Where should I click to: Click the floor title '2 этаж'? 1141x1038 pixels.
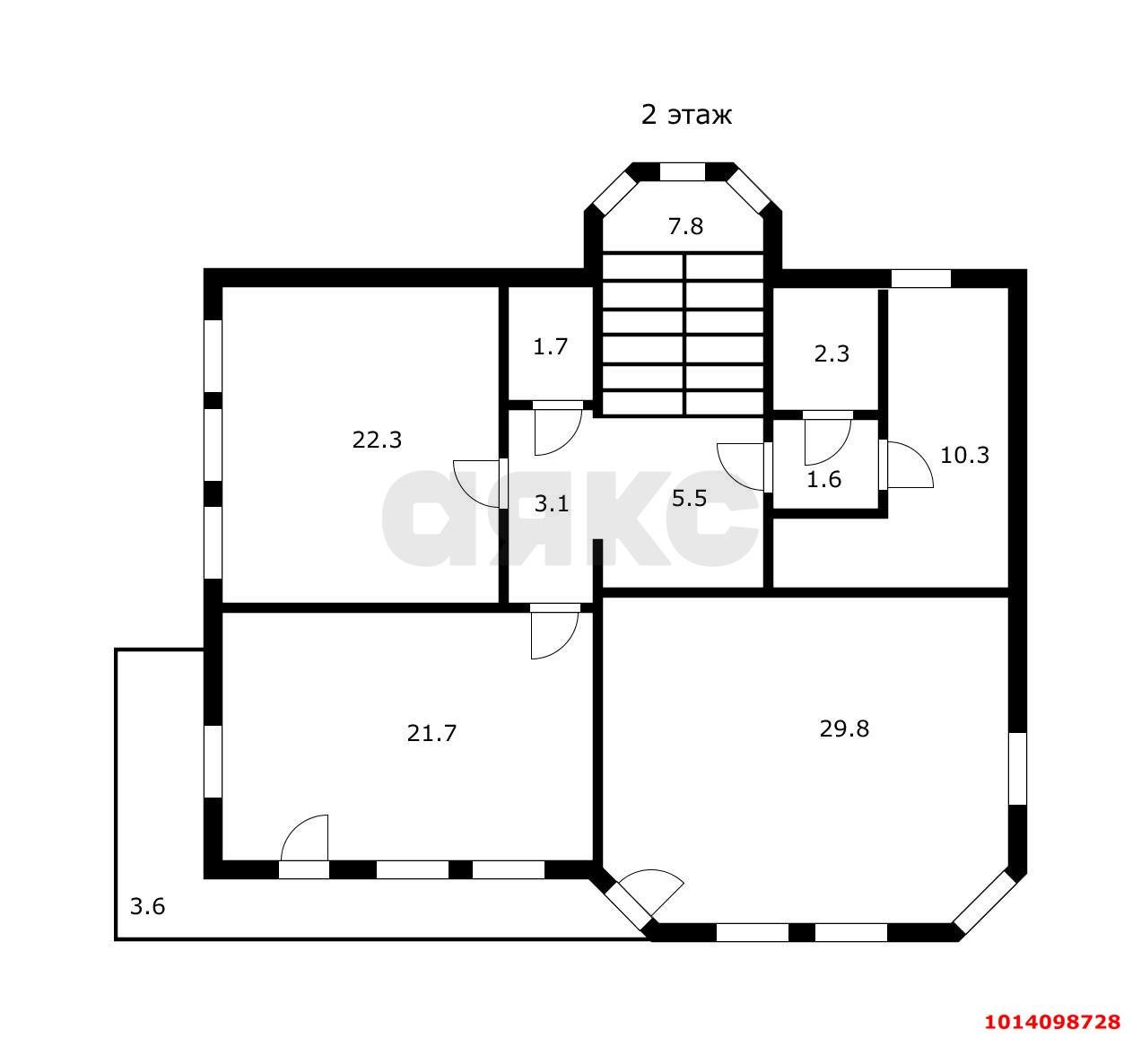click(686, 115)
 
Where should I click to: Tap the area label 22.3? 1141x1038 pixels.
click(377, 440)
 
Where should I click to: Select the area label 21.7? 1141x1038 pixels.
click(431, 734)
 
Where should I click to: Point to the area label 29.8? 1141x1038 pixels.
click(844, 729)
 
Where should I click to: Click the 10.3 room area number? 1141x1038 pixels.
click(964, 455)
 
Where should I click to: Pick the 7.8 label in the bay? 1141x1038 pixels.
click(685, 226)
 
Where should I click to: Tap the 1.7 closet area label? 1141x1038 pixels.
click(550, 346)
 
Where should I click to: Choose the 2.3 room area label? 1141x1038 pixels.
click(832, 354)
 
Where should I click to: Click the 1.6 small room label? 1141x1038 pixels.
click(823, 480)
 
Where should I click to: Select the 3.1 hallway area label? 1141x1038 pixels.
click(551, 503)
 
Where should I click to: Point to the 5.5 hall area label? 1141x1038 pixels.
click(689, 499)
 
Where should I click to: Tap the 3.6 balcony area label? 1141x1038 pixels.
click(147, 906)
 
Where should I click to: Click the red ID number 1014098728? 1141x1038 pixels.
click(1052, 1022)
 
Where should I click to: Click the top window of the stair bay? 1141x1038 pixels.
click(682, 172)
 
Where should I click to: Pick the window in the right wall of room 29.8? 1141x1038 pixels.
click(1017, 769)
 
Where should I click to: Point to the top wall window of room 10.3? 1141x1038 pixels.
click(921, 279)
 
